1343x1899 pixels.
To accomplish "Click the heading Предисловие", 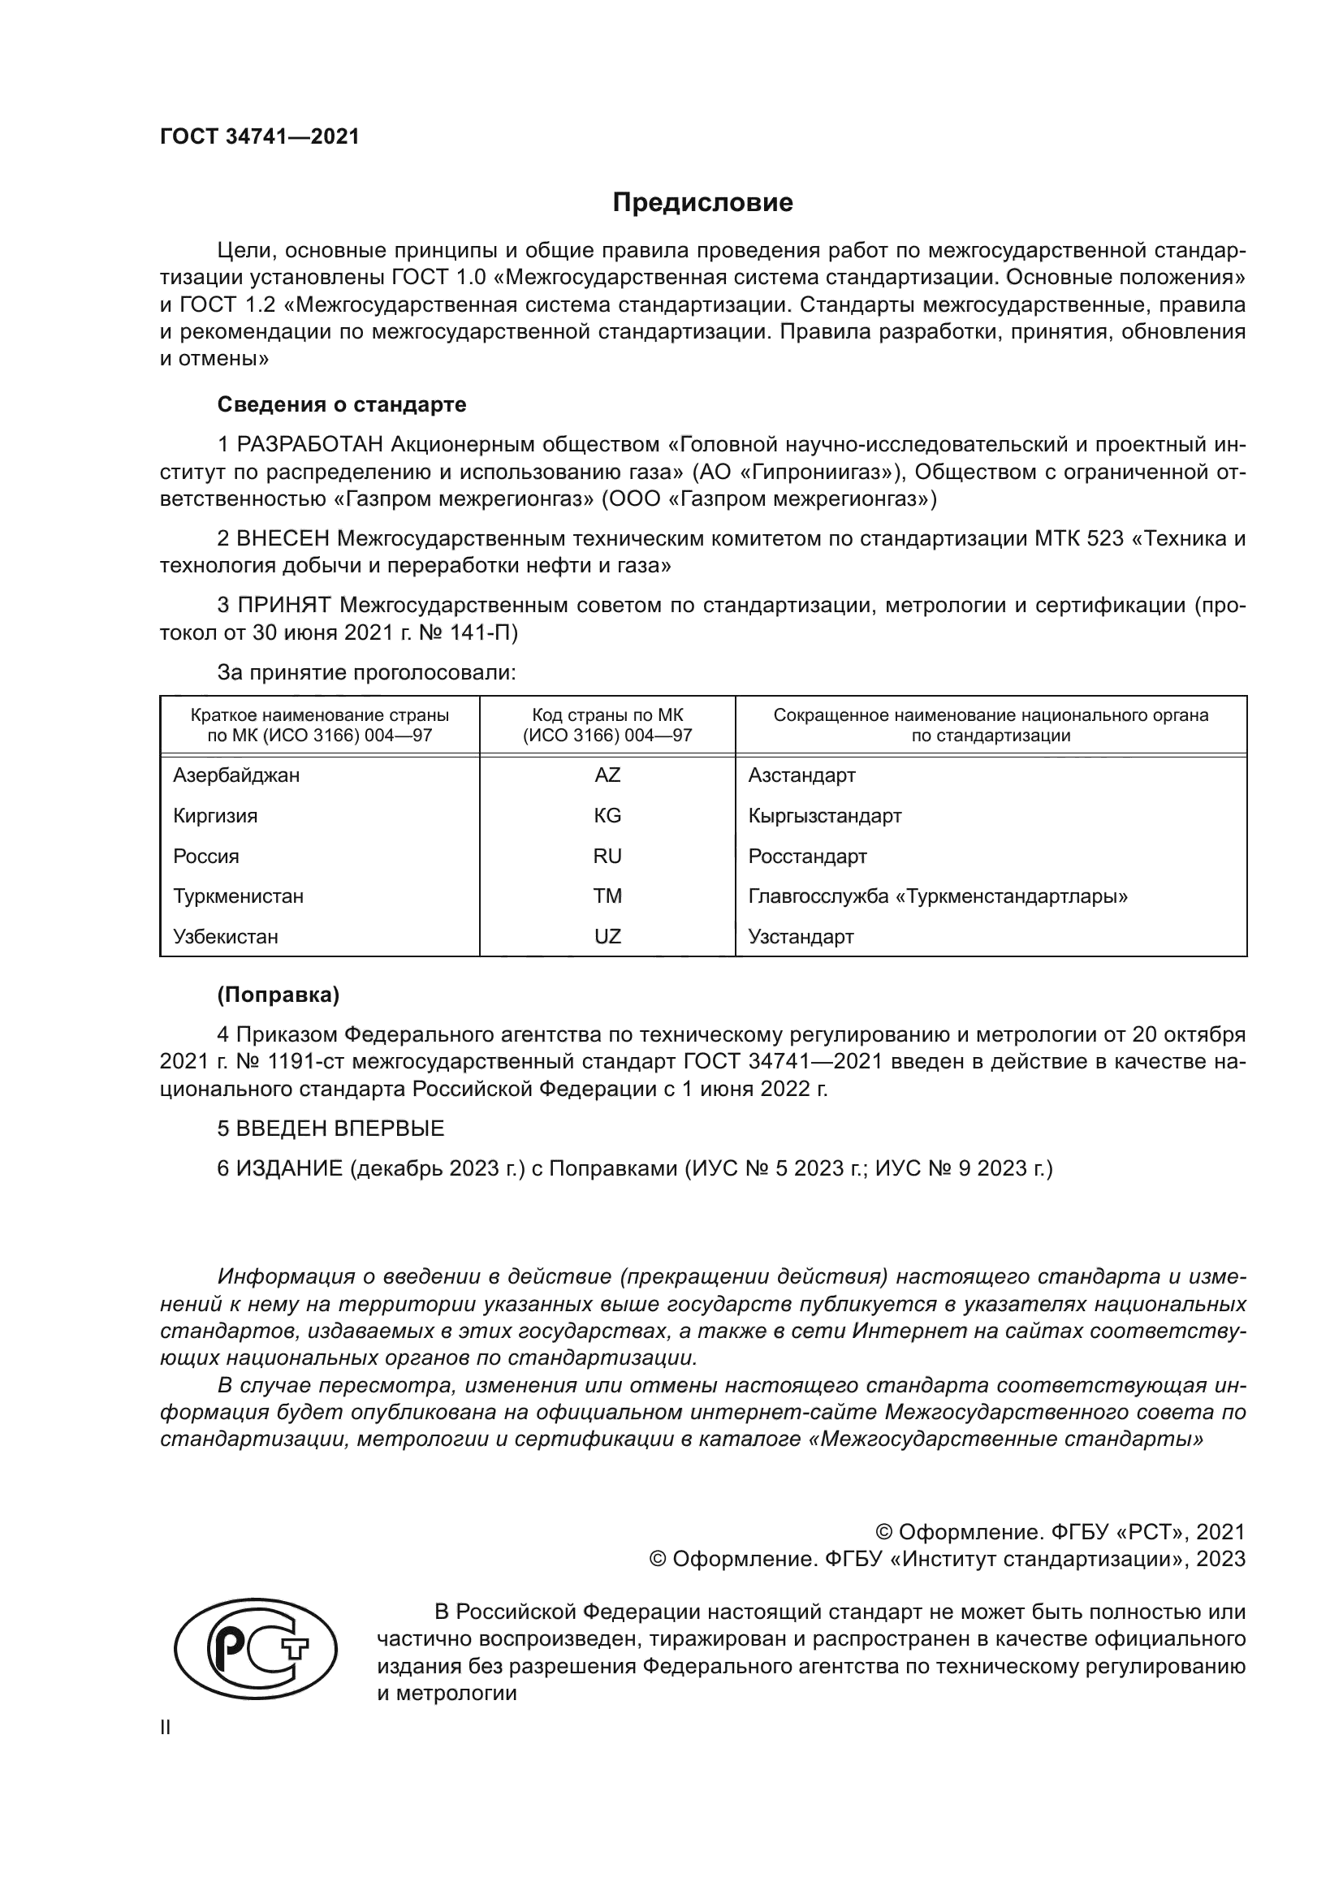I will point(702,203).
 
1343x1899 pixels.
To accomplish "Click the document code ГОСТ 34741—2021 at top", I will point(260,137).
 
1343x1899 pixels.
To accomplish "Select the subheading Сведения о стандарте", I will point(342,405).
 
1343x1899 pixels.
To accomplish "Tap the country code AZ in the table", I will point(607,776).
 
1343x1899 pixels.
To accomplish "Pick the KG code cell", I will point(607,816).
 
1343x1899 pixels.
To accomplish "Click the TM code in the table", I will point(607,896).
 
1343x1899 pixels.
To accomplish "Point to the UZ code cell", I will point(607,937).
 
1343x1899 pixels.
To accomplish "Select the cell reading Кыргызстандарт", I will point(824,816).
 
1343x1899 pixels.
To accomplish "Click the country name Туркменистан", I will point(238,896).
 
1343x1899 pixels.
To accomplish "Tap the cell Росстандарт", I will point(807,857).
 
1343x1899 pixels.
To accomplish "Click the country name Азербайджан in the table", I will point(236,776).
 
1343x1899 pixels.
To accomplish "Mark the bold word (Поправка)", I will point(278,996).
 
